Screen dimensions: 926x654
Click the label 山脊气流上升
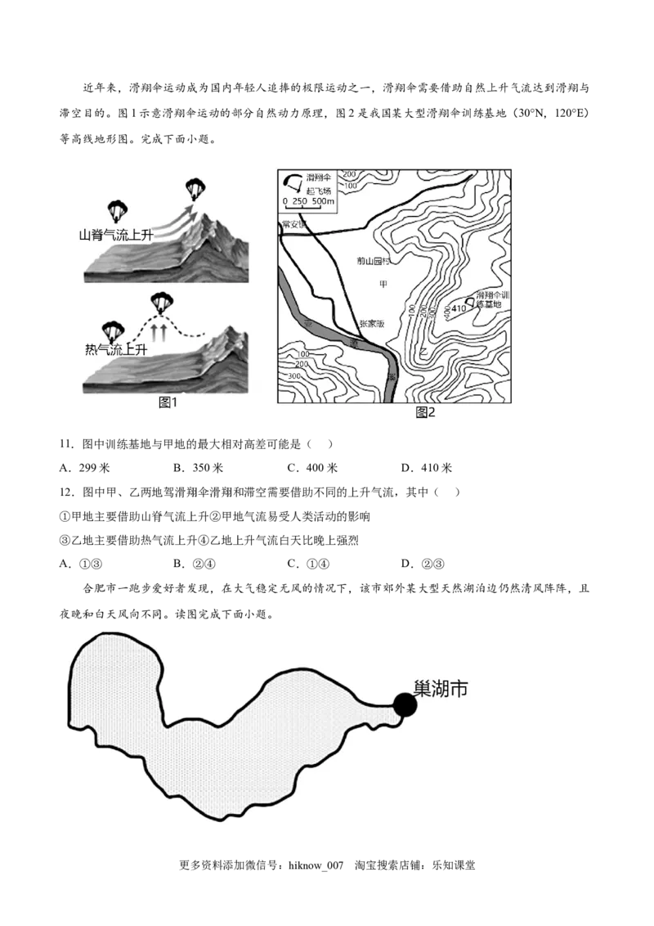(x=116, y=235)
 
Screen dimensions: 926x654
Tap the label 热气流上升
(x=116, y=350)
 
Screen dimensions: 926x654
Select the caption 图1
(x=168, y=402)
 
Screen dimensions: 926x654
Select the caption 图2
(x=426, y=412)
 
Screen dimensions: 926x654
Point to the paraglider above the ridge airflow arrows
(x=194, y=189)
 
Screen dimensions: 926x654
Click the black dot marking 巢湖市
(x=405, y=704)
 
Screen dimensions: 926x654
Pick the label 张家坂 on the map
(x=371, y=324)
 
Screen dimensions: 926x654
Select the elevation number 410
(x=458, y=308)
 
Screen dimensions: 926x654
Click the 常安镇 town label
(x=292, y=224)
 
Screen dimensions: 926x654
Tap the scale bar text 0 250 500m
(x=308, y=201)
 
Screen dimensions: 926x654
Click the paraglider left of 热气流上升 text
(x=111, y=330)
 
